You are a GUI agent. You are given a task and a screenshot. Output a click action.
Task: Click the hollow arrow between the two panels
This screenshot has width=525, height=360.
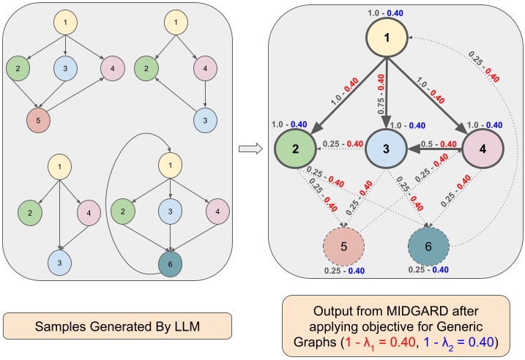tap(250, 149)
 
